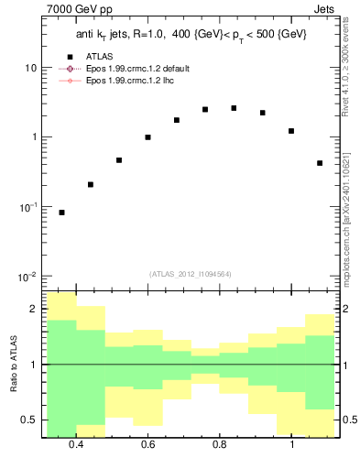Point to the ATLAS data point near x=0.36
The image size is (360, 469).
click(61, 213)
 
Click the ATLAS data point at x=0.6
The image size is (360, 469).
click(147, 137)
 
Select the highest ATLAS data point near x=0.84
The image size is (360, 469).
click(234, 108)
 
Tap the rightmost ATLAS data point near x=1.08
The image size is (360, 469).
click(320, 163)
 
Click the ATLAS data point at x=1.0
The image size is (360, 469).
click(291, 131)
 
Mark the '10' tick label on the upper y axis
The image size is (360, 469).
click(31, 69)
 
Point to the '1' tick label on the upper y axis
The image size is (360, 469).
click(35, 137)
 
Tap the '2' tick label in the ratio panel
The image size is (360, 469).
click(35, 310)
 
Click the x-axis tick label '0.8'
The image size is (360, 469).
click(220, 444)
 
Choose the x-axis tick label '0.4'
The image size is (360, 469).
click(76, 444)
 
